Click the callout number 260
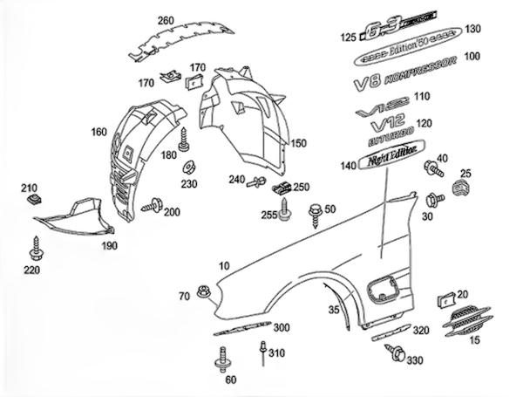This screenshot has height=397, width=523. pos(166,20)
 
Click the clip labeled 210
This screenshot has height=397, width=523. pos(36,201)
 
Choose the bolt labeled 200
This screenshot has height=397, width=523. pos(157,206)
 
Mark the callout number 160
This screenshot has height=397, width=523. pos(98,133)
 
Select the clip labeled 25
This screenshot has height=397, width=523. pos(462,189)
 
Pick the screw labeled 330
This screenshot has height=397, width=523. pos(398,354)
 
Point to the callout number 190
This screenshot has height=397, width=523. pos(109,247)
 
